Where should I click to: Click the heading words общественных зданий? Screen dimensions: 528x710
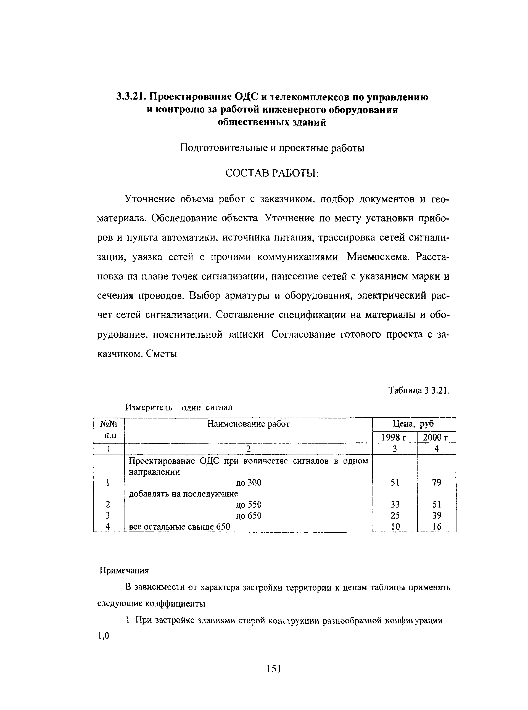tap(272, 122)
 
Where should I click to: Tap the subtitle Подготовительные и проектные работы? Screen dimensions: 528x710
tap(272, 148)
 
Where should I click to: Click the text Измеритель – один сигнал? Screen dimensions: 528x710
tap(179, 408)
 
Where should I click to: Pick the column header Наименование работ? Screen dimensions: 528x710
tap(248, 424)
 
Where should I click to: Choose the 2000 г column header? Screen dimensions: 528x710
tap(436, 438)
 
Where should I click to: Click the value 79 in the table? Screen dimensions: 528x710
tap(436, 483)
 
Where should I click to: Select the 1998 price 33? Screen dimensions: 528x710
tap(395, 505)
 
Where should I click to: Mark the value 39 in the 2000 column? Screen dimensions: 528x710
tap(436, 515)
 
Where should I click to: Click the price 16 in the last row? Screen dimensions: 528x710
tap(436, 527)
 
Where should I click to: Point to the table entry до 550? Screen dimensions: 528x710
tap(248, 505)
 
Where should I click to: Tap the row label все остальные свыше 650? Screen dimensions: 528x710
tap(179, 527)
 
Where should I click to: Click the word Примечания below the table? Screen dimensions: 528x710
tap(125, 570)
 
